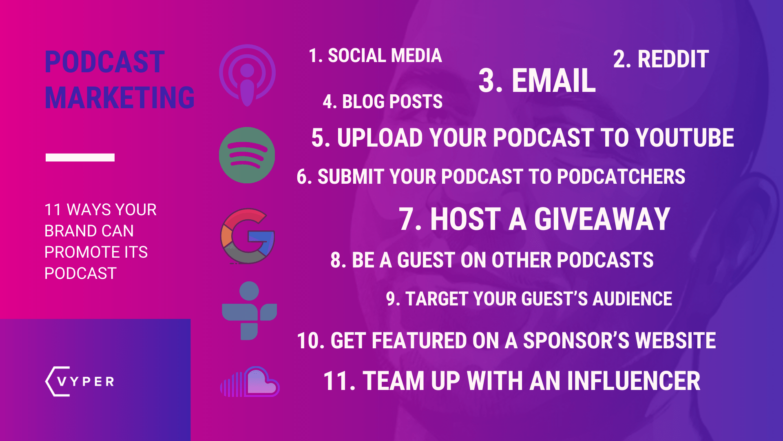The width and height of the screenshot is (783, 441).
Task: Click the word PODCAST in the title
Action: tap(104, 62)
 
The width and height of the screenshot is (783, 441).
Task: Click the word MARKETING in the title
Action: tap(119, 98)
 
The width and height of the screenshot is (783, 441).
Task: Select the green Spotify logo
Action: tap(247, 155)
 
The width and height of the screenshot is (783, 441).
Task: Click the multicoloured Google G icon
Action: tap(248, 236)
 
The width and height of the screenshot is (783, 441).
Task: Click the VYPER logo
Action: tap(80, 381)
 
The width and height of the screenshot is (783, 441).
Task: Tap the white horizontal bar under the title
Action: tap(80, 158)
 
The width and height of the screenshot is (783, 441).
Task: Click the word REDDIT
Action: tap(673, 60)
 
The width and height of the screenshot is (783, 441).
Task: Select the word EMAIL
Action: tap(553, 81)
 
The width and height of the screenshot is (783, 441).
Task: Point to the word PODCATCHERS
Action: tap(621, 177)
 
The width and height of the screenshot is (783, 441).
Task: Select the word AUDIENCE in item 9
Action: tap(632, 299)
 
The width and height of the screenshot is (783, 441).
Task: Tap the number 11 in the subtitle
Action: tap(53, 210)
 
